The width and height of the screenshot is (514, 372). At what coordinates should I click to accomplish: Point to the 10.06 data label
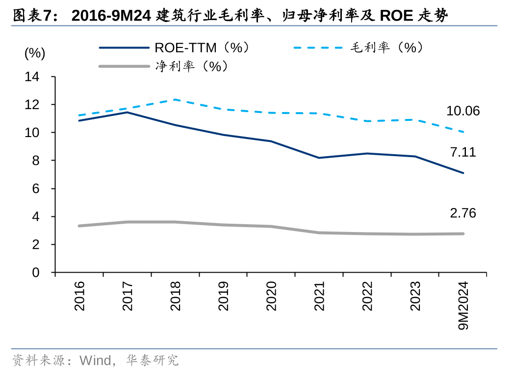click(463, 111)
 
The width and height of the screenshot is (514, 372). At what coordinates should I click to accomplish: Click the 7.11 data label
click(463, 152)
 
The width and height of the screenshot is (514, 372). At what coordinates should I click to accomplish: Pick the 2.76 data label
click(463, 213)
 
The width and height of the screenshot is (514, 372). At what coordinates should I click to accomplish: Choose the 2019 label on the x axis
click(224, 296)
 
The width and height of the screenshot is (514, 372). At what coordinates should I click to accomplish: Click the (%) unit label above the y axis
click(35, 53)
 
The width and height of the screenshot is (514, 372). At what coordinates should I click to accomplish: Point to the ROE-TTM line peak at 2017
click(127, 112)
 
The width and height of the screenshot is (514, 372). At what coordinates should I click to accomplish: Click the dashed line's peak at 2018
click(175, 99)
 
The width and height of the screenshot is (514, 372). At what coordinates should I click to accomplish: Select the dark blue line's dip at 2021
click(319, 158)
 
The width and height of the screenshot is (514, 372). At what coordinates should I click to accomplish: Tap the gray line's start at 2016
click(79, 226)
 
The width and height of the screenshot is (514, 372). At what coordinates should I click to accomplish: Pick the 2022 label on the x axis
click(367, 296)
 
